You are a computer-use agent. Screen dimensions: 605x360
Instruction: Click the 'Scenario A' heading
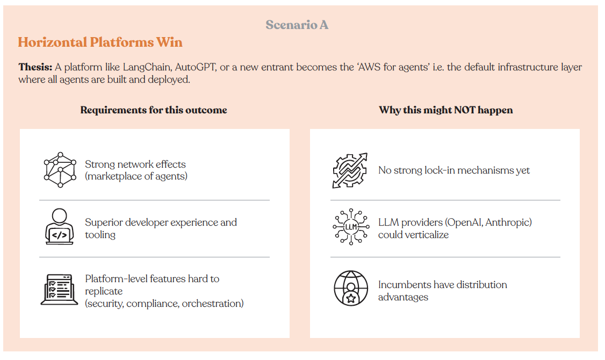tap(297, 25)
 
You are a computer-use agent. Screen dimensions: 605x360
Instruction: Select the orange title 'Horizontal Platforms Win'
tap(100, 42)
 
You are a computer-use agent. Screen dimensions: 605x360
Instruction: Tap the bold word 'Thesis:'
tap(35, 68)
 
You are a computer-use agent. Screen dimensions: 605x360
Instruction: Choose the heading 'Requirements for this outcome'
tap(154, 110)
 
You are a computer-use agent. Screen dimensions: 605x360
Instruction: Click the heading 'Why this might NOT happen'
tap(445, 110)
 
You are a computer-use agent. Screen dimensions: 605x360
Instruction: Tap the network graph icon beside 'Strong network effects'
tap(60, 170)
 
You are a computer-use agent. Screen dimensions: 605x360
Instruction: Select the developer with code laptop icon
tap(60, 227)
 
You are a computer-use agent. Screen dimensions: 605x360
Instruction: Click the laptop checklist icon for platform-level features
tap(59, 289)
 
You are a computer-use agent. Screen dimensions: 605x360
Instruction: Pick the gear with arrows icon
tap(350, 170)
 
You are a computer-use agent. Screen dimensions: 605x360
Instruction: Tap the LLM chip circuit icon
tap(350, 227)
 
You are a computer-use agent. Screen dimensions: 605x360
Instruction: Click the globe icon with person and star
tap(350, 289)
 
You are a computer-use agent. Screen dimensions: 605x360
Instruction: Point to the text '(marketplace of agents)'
tap(136, 176)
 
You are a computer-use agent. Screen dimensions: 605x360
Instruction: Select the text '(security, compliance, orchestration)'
tap(164, 304)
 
